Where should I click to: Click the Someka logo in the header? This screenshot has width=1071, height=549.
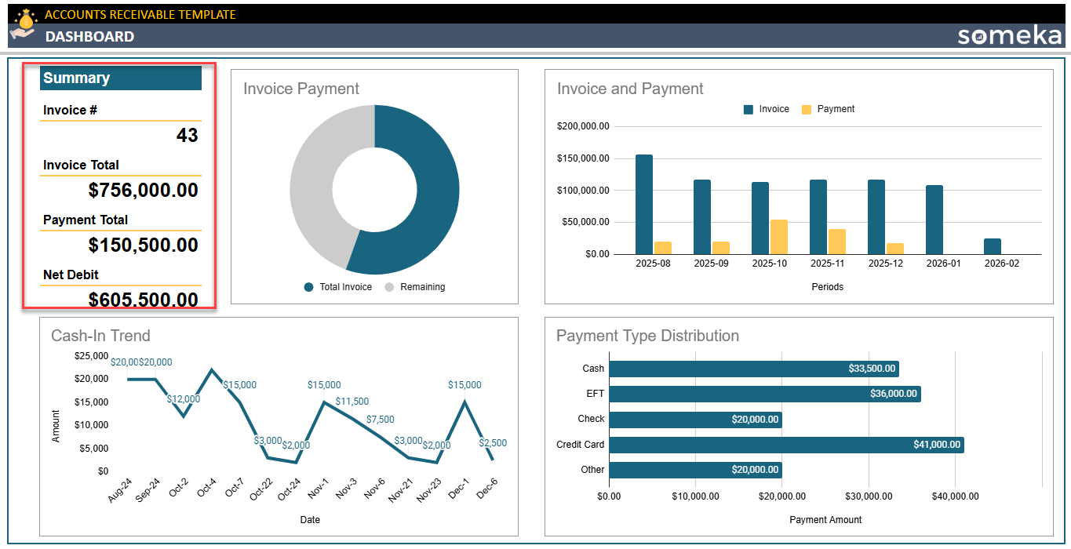point(1008,35)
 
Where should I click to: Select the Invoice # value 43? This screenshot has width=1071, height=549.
point(187,136)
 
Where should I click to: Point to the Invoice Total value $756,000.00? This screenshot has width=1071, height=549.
point(143,191)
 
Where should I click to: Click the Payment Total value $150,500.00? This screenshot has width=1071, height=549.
point(143,245)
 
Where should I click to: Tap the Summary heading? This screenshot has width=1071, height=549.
point(76,78)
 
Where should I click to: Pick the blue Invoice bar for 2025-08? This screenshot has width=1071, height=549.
point(644,204)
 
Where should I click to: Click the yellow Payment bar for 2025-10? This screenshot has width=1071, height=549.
point(779,237)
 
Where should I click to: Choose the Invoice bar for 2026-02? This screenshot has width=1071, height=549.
point(993,246)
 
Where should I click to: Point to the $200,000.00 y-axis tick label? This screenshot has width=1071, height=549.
point(583,126)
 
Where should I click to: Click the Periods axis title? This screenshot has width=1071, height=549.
point(828,287)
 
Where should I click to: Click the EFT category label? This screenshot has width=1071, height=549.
point(595,394)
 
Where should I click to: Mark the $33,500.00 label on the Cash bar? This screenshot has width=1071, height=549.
point(872,369)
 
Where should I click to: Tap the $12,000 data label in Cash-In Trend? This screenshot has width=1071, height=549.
point(183,399)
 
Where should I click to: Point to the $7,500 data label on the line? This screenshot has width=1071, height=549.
point(380,420)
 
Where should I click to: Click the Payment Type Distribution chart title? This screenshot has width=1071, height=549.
point(647,336)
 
